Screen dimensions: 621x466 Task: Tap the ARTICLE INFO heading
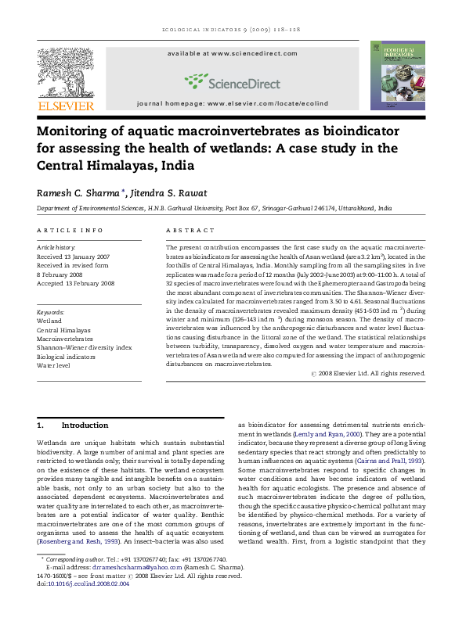(70, 231)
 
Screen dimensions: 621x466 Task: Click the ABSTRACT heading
(190, 231)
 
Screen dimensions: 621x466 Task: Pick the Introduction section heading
(85, 425)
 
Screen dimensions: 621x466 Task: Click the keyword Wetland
(49, 321)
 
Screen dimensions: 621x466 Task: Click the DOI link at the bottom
(84, 605)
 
